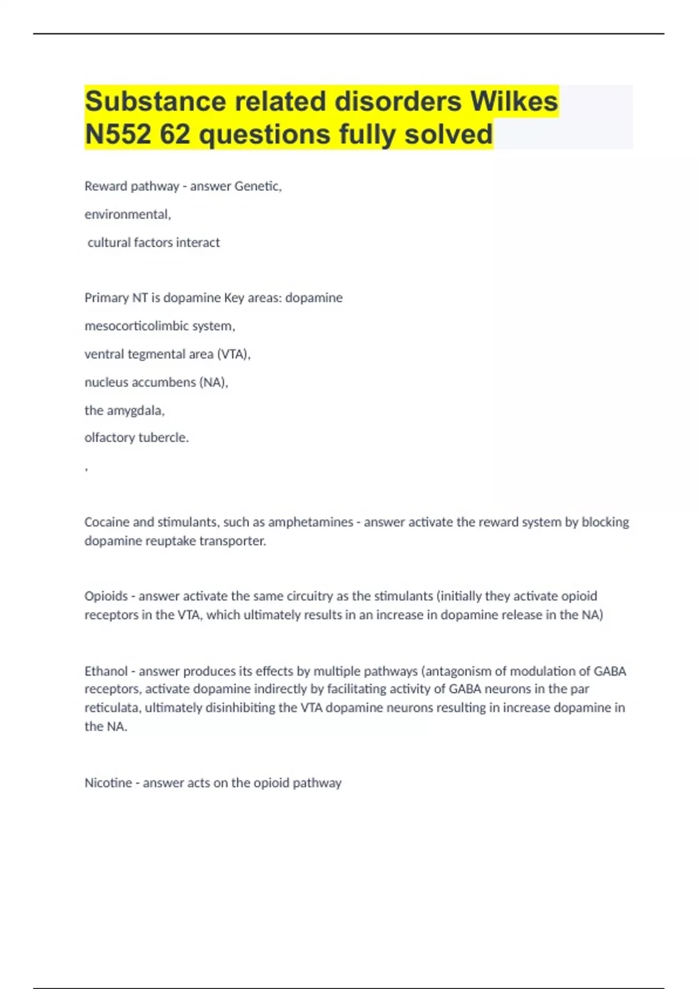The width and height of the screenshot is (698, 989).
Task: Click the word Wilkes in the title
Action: (x=514, y=101)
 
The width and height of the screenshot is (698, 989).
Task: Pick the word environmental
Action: (x=127, y=214)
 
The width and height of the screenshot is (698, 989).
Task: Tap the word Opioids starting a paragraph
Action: (x=106, y=596)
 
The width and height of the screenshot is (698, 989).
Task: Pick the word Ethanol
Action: (x=106, y=671)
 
